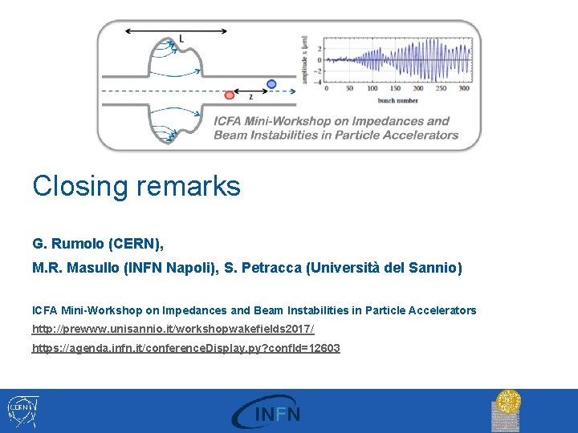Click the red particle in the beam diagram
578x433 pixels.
pos(230,95)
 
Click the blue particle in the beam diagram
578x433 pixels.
pos(271,83)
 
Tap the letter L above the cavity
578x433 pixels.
pos(181,38)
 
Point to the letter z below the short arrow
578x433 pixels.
pos(250,96)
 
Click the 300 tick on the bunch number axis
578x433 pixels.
pos(464,89)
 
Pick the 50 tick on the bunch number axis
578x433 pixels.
pos(349,89)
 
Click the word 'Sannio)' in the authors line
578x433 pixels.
pos(438,268)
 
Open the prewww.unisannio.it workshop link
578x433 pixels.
pos(173,330)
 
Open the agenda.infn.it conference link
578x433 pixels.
pos(185,348)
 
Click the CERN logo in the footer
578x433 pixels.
pos(22,409)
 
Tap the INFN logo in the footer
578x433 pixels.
pos(266,411)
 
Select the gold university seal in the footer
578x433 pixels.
pos(507,410)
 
